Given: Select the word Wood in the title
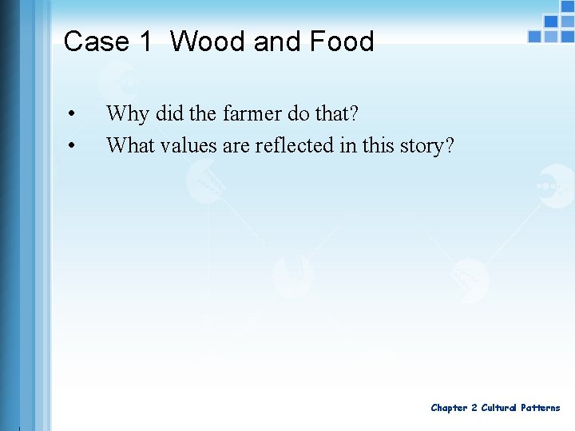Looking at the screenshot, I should pos(208,42).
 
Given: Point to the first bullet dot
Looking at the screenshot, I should pos(72,114).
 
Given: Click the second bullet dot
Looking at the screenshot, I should pos(72,145).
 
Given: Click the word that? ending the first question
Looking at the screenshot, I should pos(336,114).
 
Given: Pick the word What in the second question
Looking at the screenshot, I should pos(130,145).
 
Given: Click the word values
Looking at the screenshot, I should pos(188,145).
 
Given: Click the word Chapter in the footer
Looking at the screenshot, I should pos(449,408).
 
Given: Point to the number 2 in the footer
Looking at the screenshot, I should pos(474,408).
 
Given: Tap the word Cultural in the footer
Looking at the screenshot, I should pos(498,408).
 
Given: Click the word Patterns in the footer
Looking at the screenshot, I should pos(541,408).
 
